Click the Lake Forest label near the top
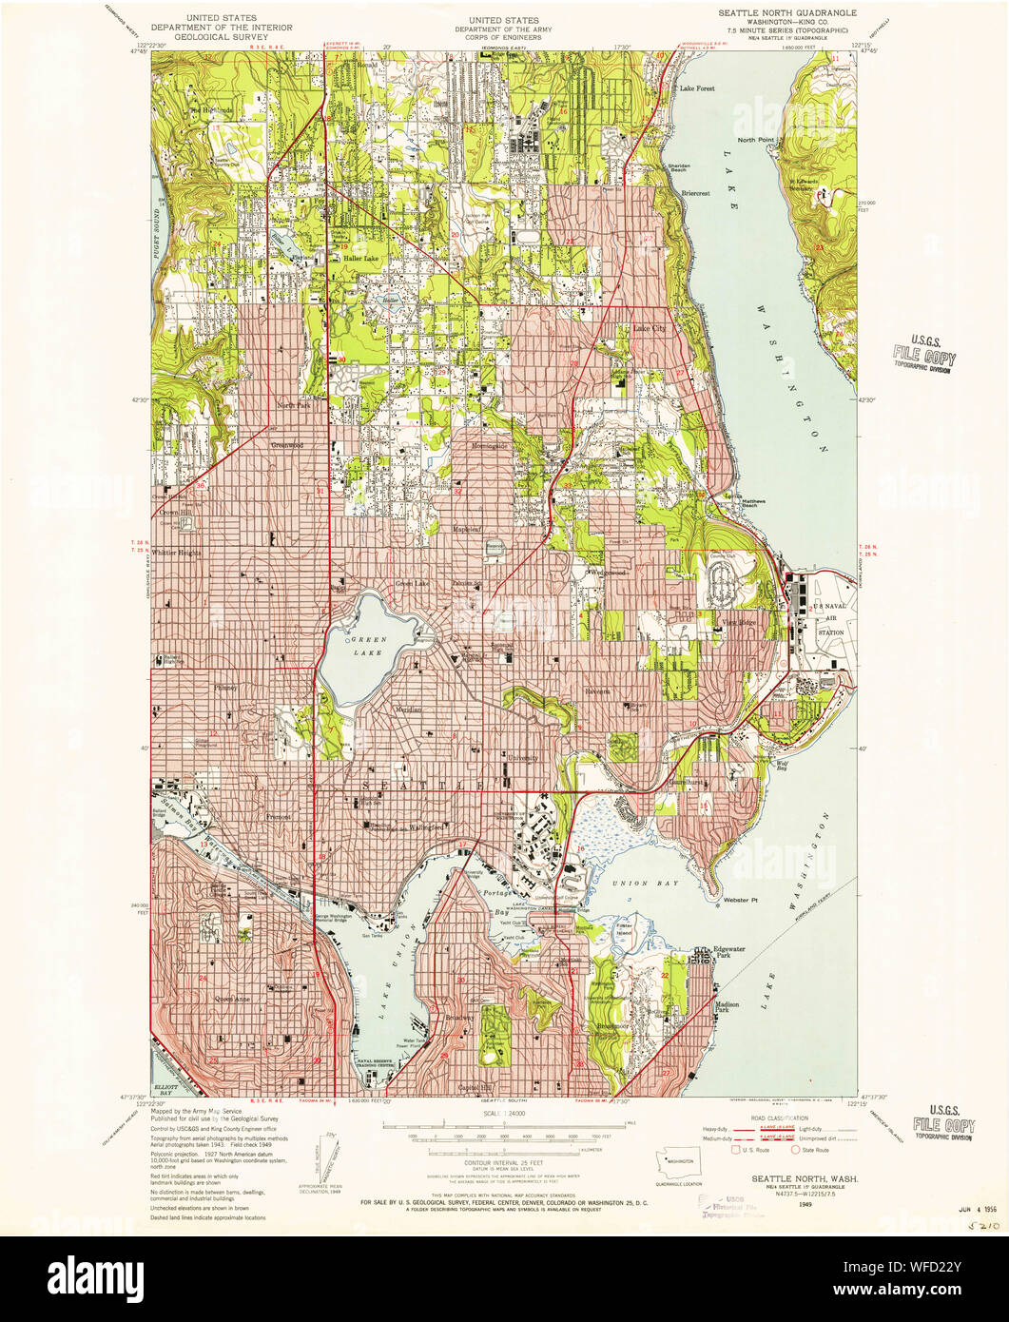(x=696, y=87)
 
